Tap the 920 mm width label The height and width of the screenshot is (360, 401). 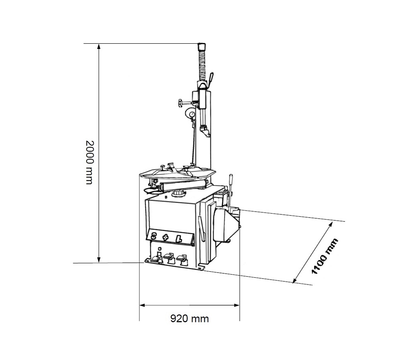click(190, 319)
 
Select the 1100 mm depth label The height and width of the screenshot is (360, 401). click(324, 256)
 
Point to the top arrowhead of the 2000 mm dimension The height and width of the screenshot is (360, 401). click(99, 46)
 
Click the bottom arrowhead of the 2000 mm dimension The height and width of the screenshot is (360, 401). click(99, 260)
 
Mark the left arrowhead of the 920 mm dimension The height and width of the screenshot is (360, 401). click(142, 305)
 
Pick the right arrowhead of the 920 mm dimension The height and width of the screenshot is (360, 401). click(237, 305)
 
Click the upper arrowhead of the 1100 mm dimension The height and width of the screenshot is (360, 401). click(331, 224)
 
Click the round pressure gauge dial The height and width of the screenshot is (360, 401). click(190, 113)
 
